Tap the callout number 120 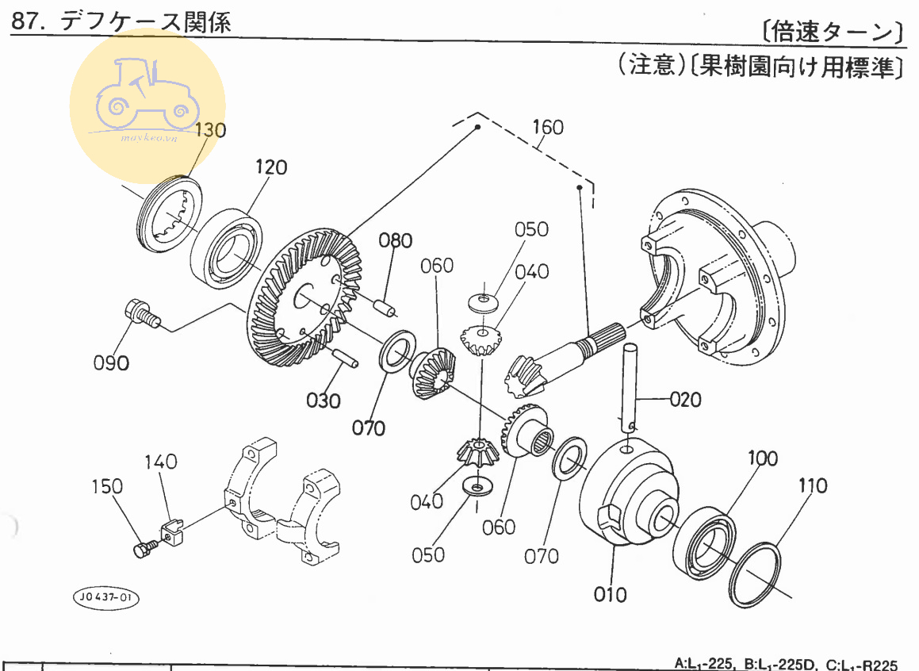coord(270,167)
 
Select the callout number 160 coord(547,127)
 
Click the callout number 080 coord(395,240)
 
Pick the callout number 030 coord(324,400)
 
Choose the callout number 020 coord(685,399)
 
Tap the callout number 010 coord(611,593)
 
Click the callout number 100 coord(762,458)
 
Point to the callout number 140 coord(161,462)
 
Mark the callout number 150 coord(108,487)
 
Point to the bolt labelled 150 coord(144,548)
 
